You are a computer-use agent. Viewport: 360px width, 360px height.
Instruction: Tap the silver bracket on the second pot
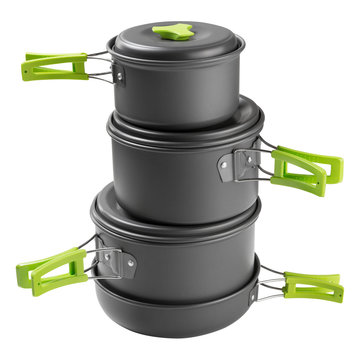246,161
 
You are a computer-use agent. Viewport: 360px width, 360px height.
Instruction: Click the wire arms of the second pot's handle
268,160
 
